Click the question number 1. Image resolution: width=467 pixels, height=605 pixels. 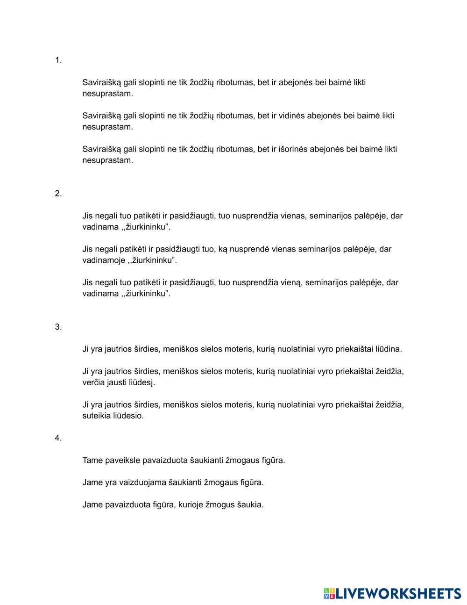coord(58,60)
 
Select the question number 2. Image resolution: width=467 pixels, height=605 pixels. coord(58,194)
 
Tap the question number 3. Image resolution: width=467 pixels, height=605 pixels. coord(58,327)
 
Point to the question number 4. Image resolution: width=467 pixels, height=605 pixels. coord(58,438)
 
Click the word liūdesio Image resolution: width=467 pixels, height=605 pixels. coord(128,416)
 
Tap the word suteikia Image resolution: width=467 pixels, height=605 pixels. coord(97,416)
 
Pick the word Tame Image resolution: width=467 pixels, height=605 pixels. coord(92,460)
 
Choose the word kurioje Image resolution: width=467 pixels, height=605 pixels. coord(191,504)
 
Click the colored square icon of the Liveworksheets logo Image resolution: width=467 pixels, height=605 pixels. coord(329,594)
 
